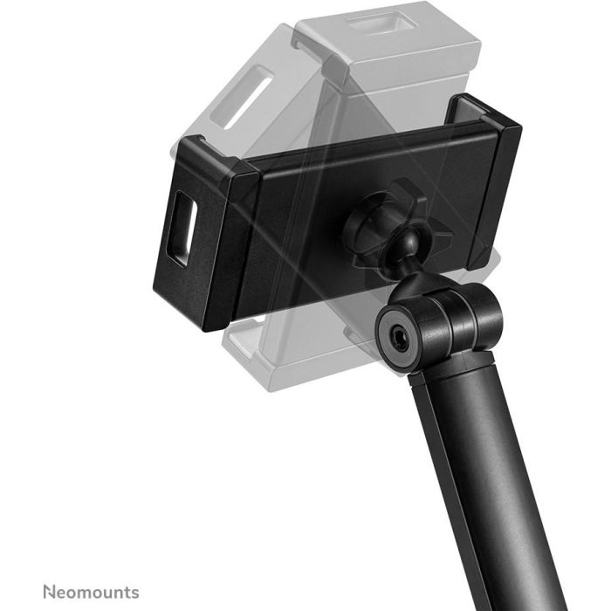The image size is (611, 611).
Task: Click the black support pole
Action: coord(489,489)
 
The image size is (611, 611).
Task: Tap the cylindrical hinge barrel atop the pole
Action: coord(436,323)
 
